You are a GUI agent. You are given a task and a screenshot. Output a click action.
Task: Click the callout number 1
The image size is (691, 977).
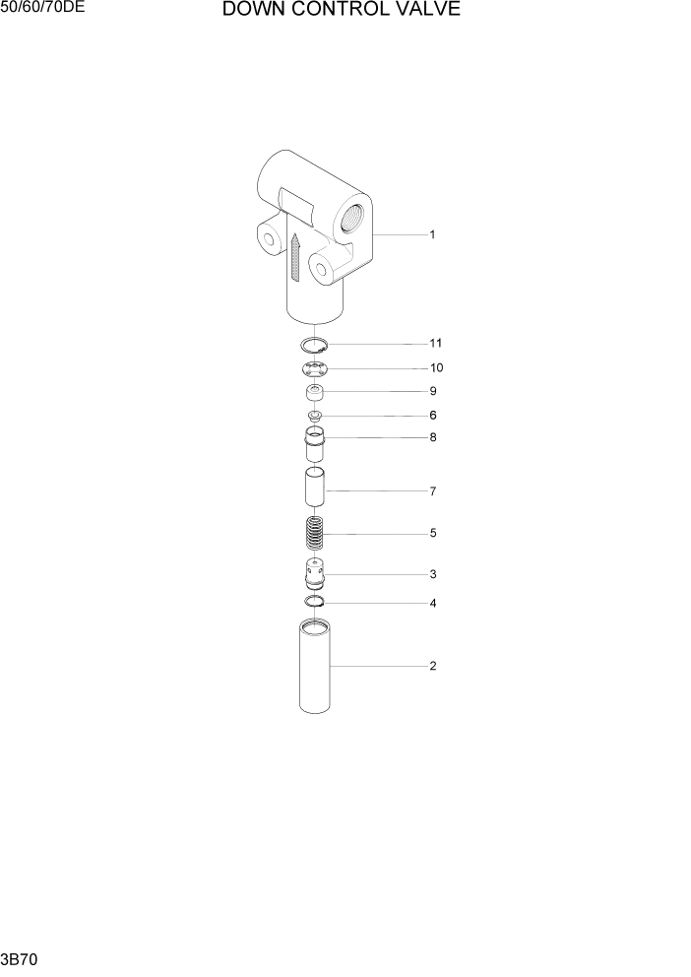point(432,234)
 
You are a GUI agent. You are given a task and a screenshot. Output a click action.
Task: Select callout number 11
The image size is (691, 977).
point(435,343)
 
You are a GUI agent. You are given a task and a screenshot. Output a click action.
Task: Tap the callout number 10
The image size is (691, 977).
point(435,367)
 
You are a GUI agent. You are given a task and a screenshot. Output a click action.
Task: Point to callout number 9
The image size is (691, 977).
point(432,391)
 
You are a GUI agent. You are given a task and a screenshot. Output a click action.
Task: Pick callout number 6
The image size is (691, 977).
point(432,416)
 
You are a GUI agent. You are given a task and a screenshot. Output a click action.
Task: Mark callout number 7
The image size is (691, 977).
point(432,490)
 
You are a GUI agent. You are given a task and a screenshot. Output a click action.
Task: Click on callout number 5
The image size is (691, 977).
point(432,533)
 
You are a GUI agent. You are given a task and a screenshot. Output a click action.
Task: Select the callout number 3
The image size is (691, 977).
point(432,573)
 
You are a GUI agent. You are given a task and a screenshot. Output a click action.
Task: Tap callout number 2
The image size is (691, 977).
point(432,666)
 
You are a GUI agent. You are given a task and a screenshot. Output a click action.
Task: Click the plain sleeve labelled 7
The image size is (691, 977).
point(315,489)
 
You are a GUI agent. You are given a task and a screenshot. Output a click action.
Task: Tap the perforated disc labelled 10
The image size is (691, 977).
point(315,369)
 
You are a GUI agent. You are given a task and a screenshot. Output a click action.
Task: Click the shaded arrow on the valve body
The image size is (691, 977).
point(295,256)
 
